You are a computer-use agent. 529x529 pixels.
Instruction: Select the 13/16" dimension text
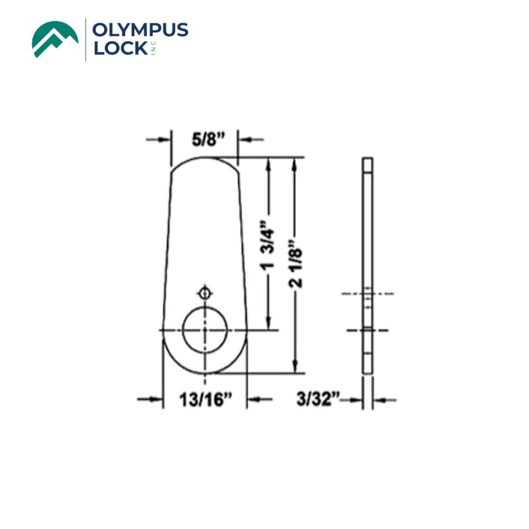205,399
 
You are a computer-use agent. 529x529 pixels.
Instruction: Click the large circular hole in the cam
205,329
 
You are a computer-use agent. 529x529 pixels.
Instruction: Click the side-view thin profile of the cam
368,264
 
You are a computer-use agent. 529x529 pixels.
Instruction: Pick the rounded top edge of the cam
205,159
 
